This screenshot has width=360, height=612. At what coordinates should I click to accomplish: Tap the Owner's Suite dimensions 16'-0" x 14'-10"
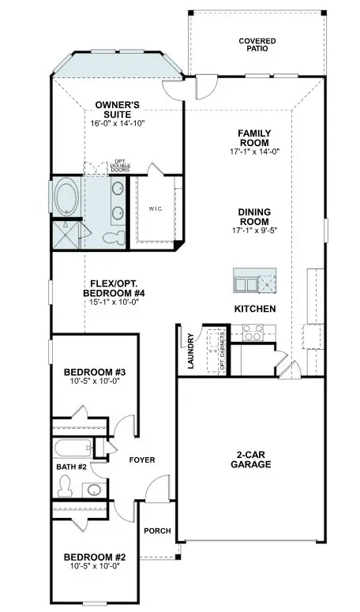click(118, 123)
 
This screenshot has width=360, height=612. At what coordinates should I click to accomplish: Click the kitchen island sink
click(246, 284)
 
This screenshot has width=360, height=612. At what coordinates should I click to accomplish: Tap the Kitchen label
click(254, 309)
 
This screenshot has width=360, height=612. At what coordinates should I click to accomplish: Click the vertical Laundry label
click(191, 351)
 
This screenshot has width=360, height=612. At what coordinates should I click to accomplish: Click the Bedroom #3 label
click(90, 372)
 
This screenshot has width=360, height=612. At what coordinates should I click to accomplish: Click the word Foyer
click(142, 460)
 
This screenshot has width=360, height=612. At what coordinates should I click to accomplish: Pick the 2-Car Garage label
click(252, 459)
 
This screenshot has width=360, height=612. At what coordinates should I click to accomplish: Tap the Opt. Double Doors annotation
click(99, 166)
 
